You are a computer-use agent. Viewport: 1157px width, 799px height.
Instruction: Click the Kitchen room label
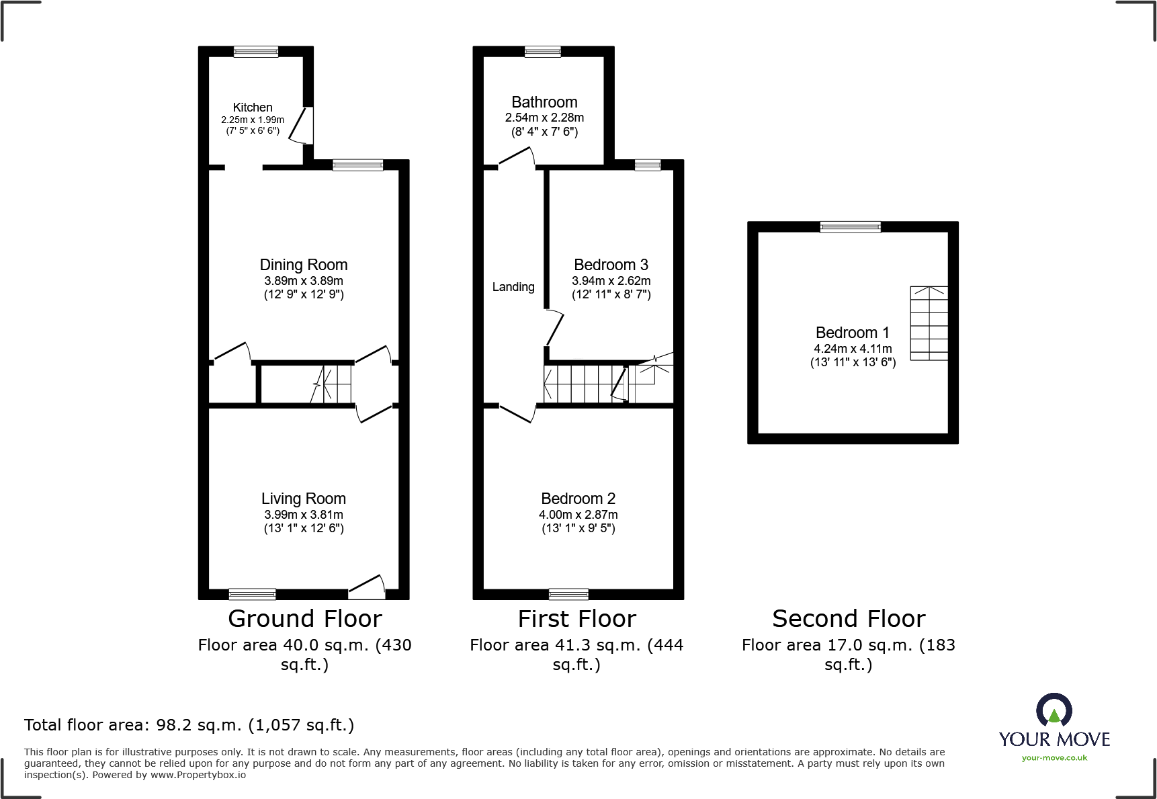coord(253,108)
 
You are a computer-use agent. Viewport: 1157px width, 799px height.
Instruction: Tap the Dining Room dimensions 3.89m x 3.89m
coord(304,281)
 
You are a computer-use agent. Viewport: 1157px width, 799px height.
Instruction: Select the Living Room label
coord(304,499)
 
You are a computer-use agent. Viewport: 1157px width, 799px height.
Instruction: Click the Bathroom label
coord(544,102)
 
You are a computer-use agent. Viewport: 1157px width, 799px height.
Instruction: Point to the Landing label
coord(513,287)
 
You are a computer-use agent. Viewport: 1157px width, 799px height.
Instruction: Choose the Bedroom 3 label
coord(611,265)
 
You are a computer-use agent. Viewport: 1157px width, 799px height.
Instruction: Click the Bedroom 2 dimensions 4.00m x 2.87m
coord(578,515)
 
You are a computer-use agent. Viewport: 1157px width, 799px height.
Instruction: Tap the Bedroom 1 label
coord(852,333)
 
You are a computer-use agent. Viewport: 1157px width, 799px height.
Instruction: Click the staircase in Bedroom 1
coord(929,323)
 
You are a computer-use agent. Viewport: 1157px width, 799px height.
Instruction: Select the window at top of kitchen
coord(256,52)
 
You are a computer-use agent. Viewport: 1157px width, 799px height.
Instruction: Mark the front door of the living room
coord(367,587)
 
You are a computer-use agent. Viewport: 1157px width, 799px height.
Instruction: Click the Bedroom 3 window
coord(648,165)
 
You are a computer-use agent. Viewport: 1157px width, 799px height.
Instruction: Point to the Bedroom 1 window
coord(851,227)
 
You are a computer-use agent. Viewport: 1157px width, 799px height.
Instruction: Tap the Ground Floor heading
coord(304,618)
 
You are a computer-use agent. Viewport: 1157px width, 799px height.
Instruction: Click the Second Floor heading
coord(849,618)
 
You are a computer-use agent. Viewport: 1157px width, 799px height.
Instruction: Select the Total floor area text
coord(189,725)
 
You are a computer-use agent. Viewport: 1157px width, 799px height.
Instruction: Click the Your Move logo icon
coord(1054,710)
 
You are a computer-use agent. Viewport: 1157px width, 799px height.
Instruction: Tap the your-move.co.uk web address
coord(1054,758)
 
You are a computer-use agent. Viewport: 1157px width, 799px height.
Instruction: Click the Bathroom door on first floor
coord(516,157)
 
